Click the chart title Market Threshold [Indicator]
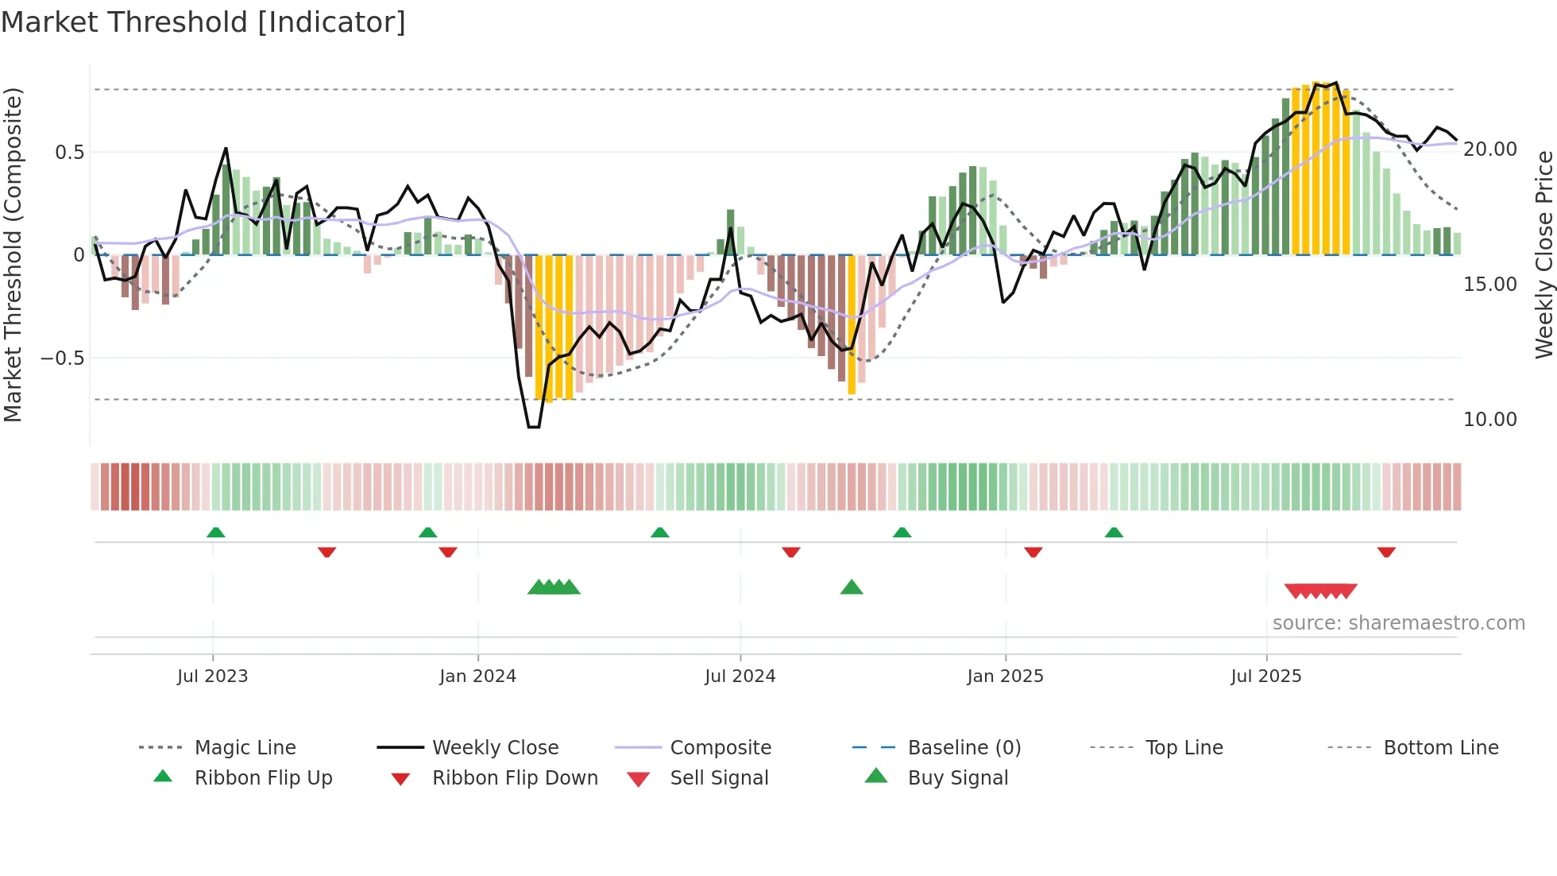(203, 22)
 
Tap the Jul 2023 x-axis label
(212, 676)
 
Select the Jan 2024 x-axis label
(477, 676)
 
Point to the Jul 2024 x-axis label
(740, 676)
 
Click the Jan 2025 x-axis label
(1005, 676)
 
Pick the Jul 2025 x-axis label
(1266, 676)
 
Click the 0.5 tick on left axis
(69, 152)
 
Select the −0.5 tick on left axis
(62, 359)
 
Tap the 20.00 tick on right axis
(1489, 149)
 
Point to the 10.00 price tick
(1489, 420)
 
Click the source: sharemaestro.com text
(1398, 623)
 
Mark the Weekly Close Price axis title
(1543, 254)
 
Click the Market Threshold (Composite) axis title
(13, 254)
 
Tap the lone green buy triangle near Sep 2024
(851, 587)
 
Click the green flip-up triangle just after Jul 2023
(215, 533)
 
